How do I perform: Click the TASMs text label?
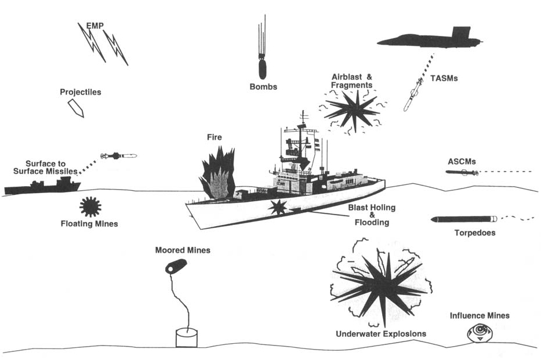[x=445, y=77]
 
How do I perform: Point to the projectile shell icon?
[x=76, y=108]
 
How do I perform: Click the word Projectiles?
[x=81, y=92]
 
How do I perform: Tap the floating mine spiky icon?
[x=90, y=206]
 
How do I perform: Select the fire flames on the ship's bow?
[x=218, y=173]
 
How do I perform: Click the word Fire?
[x=215, y=137]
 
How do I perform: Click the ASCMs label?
[x=463, y=161]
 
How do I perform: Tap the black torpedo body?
[x=463, y=219]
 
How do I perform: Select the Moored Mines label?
[x=183, y=250]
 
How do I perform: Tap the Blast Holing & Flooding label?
[x=368, y=214]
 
